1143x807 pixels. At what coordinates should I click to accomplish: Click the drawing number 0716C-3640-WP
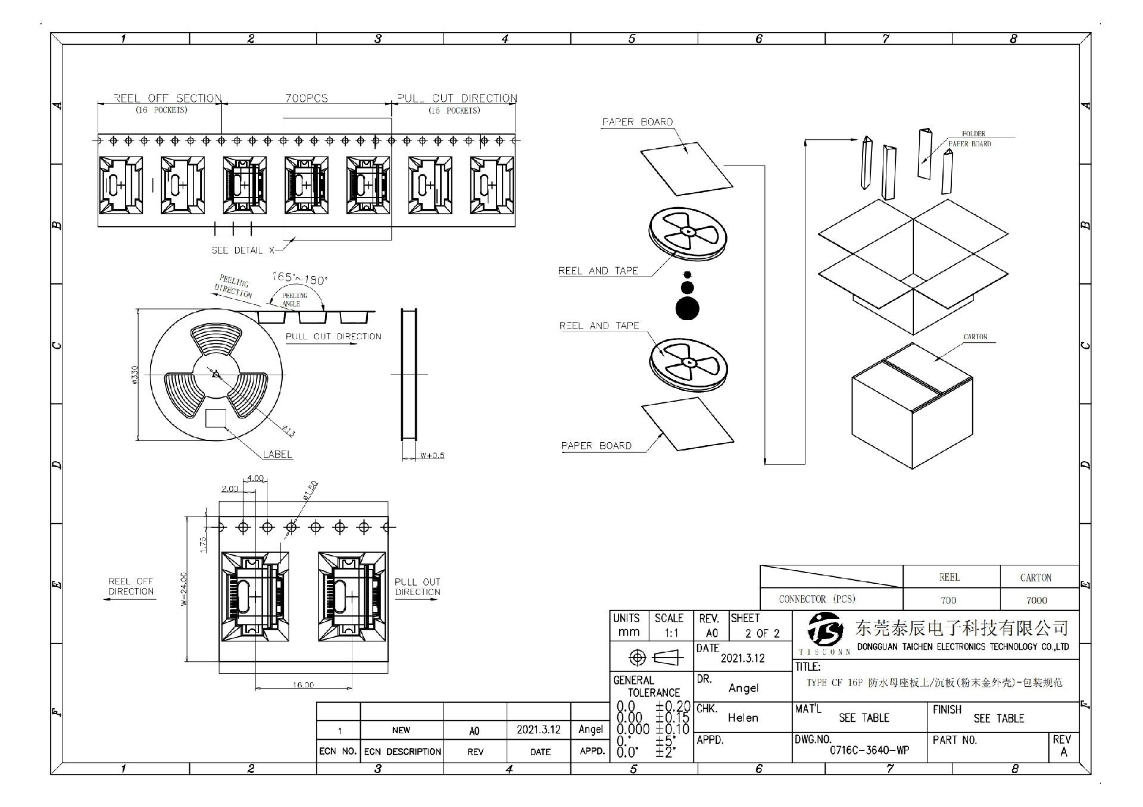pos(869,750)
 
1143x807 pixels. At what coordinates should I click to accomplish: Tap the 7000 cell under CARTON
pos(1036,600)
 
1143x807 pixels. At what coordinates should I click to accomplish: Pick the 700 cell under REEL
pos(948,600)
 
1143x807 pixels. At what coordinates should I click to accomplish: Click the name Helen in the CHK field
pos(743,718)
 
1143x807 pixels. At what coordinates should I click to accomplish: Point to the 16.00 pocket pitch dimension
pos(303,685)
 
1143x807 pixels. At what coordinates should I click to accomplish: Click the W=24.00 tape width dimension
pos(184,589)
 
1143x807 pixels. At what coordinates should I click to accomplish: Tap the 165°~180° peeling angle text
pos(299,278)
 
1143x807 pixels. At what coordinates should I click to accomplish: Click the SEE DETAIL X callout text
pos(243,251)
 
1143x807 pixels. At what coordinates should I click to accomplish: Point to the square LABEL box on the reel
pos(216,418)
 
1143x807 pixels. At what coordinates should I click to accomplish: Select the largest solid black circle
pos(688,308)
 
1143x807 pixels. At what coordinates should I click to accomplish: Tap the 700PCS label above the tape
pos(306,98)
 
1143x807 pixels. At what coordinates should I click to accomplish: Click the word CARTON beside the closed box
pos(975,337)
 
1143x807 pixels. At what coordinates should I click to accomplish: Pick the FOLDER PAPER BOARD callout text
pos(971,139)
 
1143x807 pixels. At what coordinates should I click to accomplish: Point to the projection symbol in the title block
pos(652,658)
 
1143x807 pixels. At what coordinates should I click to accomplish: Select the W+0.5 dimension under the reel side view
pos(432,456)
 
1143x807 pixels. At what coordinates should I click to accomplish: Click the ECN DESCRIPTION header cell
pos(402,752)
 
